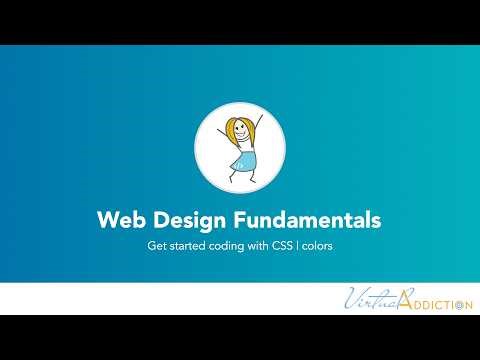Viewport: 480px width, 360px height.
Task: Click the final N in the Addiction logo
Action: pyautogui.click(x=467, y=304)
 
